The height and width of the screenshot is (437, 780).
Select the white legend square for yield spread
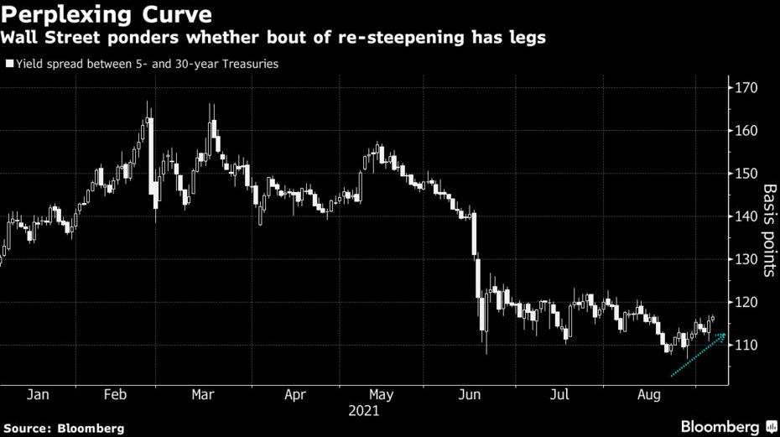click(9, 64)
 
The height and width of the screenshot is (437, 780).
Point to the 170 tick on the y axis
click(747, 88)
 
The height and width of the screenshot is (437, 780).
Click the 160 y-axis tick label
click(747, 131)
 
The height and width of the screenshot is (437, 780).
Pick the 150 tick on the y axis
click(747, 174)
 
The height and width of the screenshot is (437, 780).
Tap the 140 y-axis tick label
click(747, 216)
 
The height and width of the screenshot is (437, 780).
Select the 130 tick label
click(747, 259)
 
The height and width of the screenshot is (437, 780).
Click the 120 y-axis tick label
click(747, 302)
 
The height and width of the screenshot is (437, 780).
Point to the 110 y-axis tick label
click(747, 345)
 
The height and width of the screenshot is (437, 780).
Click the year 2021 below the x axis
click(364, 411)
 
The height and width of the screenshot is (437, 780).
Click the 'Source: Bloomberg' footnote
click(62, 429)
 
